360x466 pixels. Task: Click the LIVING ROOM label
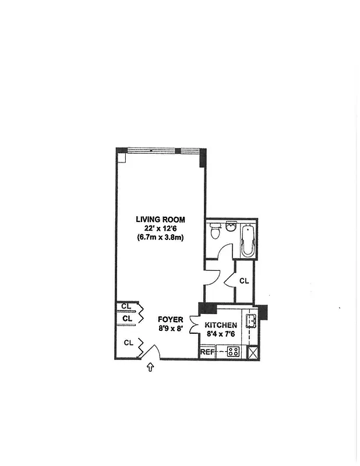(x=160, y=220)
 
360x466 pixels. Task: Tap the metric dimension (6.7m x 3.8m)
(x=160, y=237)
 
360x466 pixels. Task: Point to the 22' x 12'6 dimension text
(x=160, y=228)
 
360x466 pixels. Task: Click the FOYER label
(x=171, y=320)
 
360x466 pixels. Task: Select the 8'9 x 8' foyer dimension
(x=171, y=329)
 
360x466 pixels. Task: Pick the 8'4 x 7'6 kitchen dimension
(x=221, y=334)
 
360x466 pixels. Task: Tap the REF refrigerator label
(x=207, y=352)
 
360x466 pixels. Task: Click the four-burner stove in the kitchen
(x=233, y=352)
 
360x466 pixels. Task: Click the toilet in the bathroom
(x=215, y=231)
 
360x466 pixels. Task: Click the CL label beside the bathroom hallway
(x=244, y=281)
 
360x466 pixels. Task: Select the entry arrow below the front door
(x=151, y=367)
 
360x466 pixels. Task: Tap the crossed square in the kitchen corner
(x=252, y=352)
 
